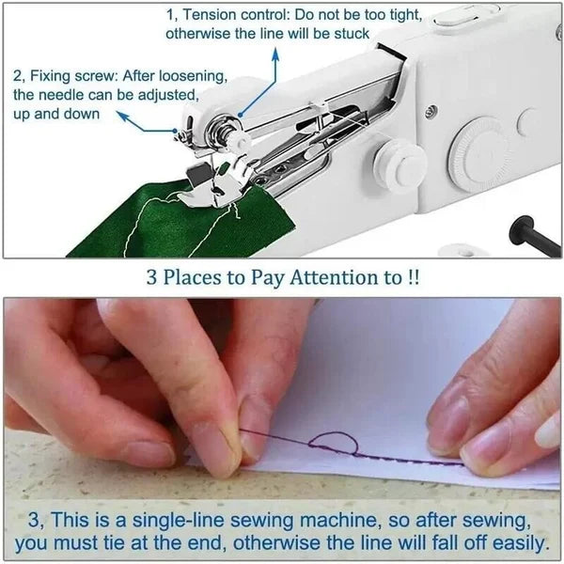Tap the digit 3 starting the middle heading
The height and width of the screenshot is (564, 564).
click(151, 278)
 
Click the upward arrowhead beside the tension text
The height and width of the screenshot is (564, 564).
click(276, 53)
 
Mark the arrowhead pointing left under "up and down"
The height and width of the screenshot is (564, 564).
click(120, 115)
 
